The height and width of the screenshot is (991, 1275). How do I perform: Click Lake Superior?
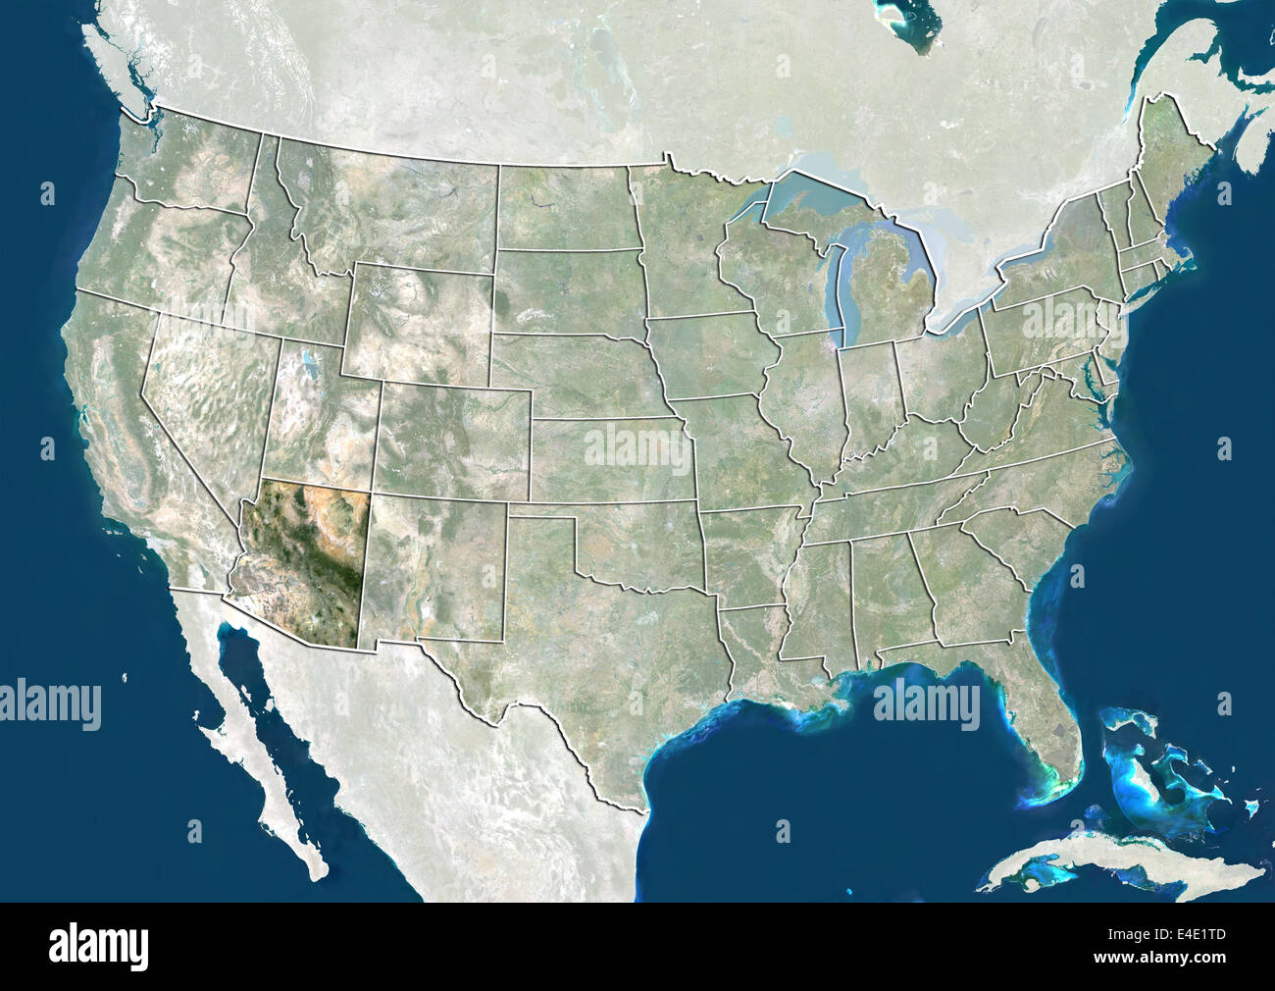[824, 191]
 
